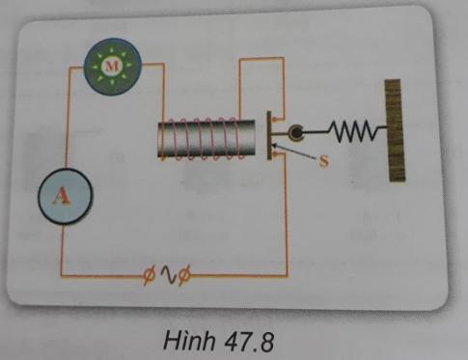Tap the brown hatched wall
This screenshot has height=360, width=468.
click(x=393, y=131)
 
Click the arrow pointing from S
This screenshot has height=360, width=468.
click(x=294, y=154)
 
